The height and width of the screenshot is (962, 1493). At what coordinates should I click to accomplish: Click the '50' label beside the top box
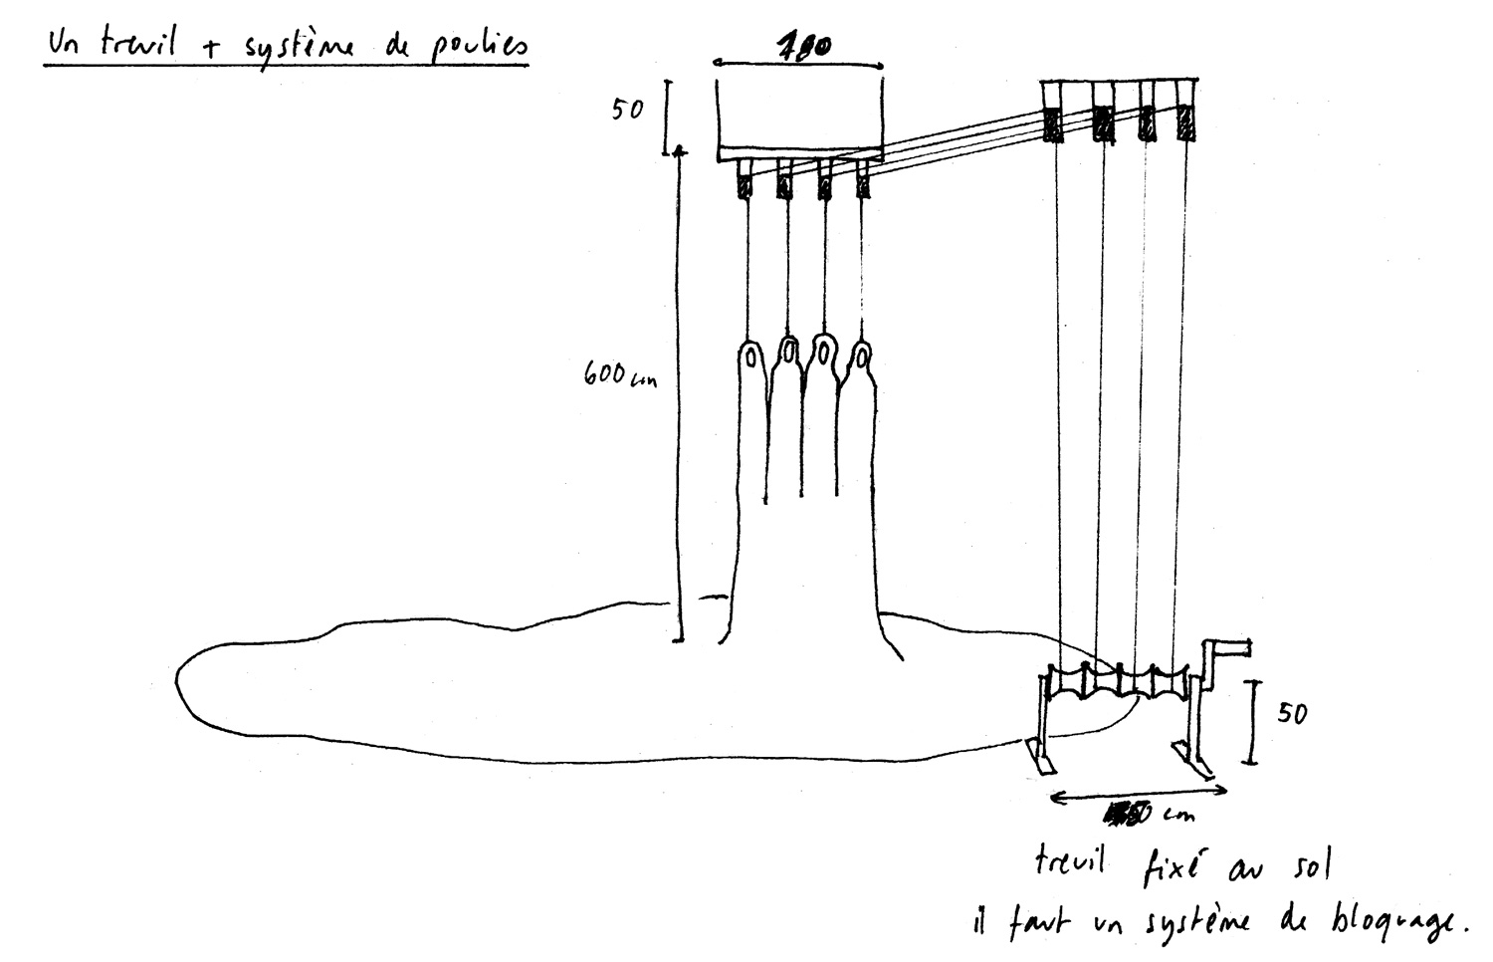[x=628, y=110]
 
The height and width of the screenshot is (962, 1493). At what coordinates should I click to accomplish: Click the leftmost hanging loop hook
[x=750, y=357]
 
